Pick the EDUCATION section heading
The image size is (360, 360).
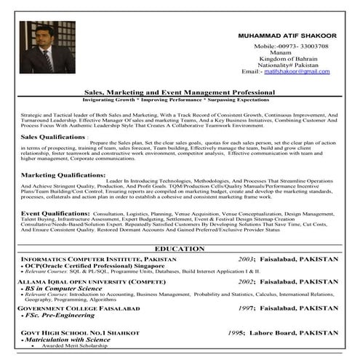(x=180, y=249)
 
